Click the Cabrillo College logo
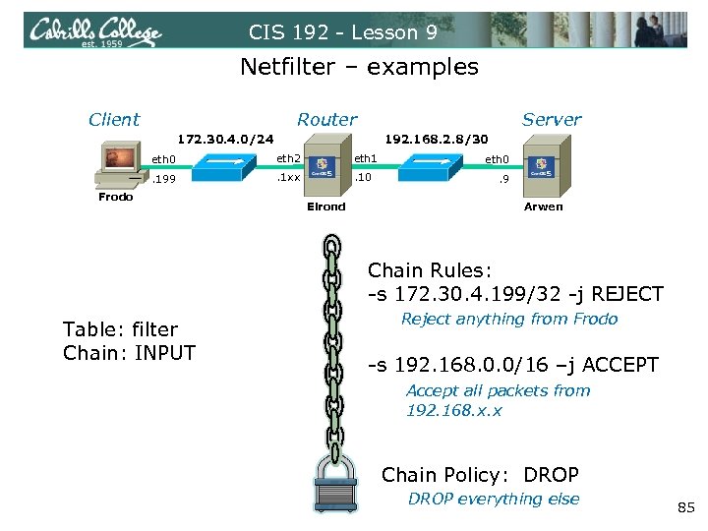point(94,32)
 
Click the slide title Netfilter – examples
point(359,67)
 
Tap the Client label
point(114,119)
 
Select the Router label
point(326,119)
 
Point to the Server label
point(552,119)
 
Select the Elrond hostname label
point(326,206)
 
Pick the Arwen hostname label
point(544,206)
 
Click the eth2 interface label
point(289,157)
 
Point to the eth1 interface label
point(366,157)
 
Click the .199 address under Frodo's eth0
point(162,180)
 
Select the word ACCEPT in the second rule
point(620,365)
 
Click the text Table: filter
point(120,329)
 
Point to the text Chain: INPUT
point(129,353)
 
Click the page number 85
point(685,507)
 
